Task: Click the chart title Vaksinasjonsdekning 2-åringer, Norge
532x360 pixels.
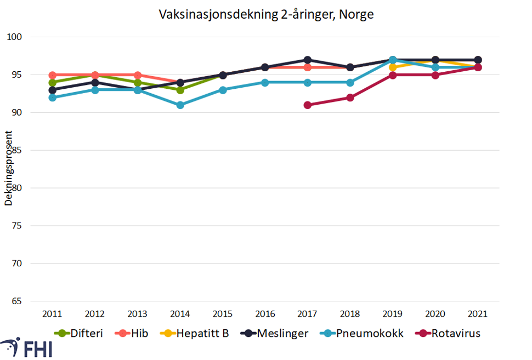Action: pyautogui.click(x=266, y=15)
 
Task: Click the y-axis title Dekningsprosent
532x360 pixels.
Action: pyautogui.click(x=8, y=168)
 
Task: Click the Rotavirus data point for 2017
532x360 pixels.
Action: pyautogui.click(x=308, y=105)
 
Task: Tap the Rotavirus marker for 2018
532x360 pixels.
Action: pyautogui.click(x=350, y=98)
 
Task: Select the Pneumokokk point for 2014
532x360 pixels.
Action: pyautogui.click(x=180, y=105)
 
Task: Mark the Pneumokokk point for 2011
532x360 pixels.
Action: pyautogui.click(x=53, y=98)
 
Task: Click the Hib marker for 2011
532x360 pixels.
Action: pyautogui.click(x=53, y=75)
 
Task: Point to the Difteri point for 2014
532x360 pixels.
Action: pyautogui.click(x=180, y=90)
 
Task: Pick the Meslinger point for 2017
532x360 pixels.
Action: pyautogui.click(x=308, y=60)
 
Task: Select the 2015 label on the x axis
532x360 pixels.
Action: pyautogui.click(x=223, y=314)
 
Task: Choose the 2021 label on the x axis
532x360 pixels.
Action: pyautogui.click(x=478, y=314)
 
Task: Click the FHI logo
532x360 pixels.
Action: pyautogui.click(x=27, y=347)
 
